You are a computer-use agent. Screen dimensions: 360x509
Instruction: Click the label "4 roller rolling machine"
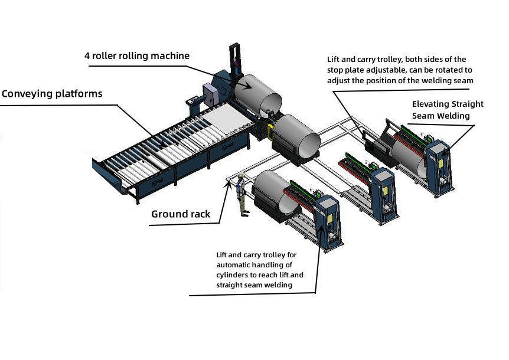point(136,56)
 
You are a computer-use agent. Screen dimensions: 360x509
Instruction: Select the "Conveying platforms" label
point(51,94)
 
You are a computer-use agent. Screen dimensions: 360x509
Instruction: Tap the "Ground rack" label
point(180,214)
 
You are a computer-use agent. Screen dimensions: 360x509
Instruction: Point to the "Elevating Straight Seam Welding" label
point(447,110)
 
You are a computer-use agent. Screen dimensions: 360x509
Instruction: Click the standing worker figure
point(240,195)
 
